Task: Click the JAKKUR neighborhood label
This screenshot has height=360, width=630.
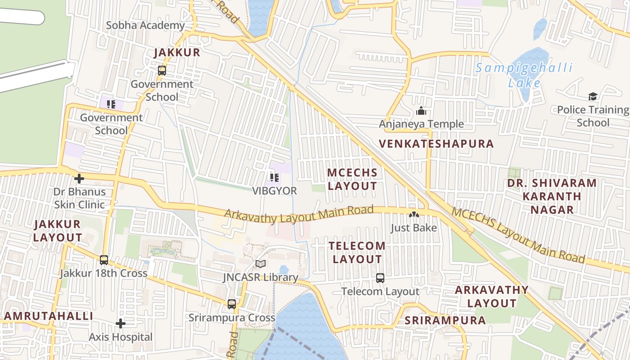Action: (x=177, y=53)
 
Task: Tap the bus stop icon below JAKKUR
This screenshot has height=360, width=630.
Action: (x=162, y=71)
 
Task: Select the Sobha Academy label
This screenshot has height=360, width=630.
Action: (x=145, y=25)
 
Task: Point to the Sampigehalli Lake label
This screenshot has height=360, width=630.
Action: (x=525, y=75)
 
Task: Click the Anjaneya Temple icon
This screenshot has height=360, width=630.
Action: (x=421, y=111)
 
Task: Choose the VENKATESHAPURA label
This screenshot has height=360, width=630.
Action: (x=436, y=144)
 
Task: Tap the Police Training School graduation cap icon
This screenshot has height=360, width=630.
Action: (x=593, y=96)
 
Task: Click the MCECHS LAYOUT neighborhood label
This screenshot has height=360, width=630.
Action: (x=352, y=179)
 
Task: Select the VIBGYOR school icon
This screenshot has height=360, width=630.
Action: (x=274, y=178)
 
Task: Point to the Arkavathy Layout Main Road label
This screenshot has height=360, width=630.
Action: (x=299, y=213)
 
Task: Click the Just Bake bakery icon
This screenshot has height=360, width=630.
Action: (x=413, y=215)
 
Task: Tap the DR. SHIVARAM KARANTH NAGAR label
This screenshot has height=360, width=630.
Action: (x=552, y=196)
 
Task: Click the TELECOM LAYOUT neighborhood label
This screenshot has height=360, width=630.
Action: (x=357, y=252)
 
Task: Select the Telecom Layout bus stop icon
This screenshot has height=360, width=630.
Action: (x=380, y=278)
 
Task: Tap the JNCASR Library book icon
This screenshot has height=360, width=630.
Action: (x=261, y=264)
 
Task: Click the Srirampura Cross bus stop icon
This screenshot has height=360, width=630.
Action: (x=232, y=304)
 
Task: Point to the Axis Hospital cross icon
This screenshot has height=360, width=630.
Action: (x=120, y=324)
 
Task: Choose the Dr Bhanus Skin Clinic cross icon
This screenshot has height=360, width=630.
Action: (x=79, y=179)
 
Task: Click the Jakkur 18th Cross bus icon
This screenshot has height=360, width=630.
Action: (x=104, y=260)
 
